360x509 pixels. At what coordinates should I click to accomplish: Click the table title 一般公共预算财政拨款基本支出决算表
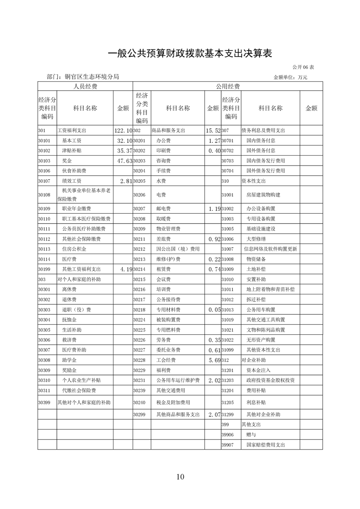(x=189, y=54)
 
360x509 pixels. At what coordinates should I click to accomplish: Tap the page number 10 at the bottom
(x=180, y=476)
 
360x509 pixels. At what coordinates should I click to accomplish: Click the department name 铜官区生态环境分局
(x=92, y=77)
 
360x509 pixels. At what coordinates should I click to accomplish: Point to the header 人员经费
(x=85, y=86)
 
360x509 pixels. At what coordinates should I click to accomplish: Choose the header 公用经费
(x=227, y=86)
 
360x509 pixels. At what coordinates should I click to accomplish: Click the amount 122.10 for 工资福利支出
(x=123, y=131)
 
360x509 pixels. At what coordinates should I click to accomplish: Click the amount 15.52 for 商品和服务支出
(x=212, y=131)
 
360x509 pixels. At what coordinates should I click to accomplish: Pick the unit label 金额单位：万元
(x=291, y=78)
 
